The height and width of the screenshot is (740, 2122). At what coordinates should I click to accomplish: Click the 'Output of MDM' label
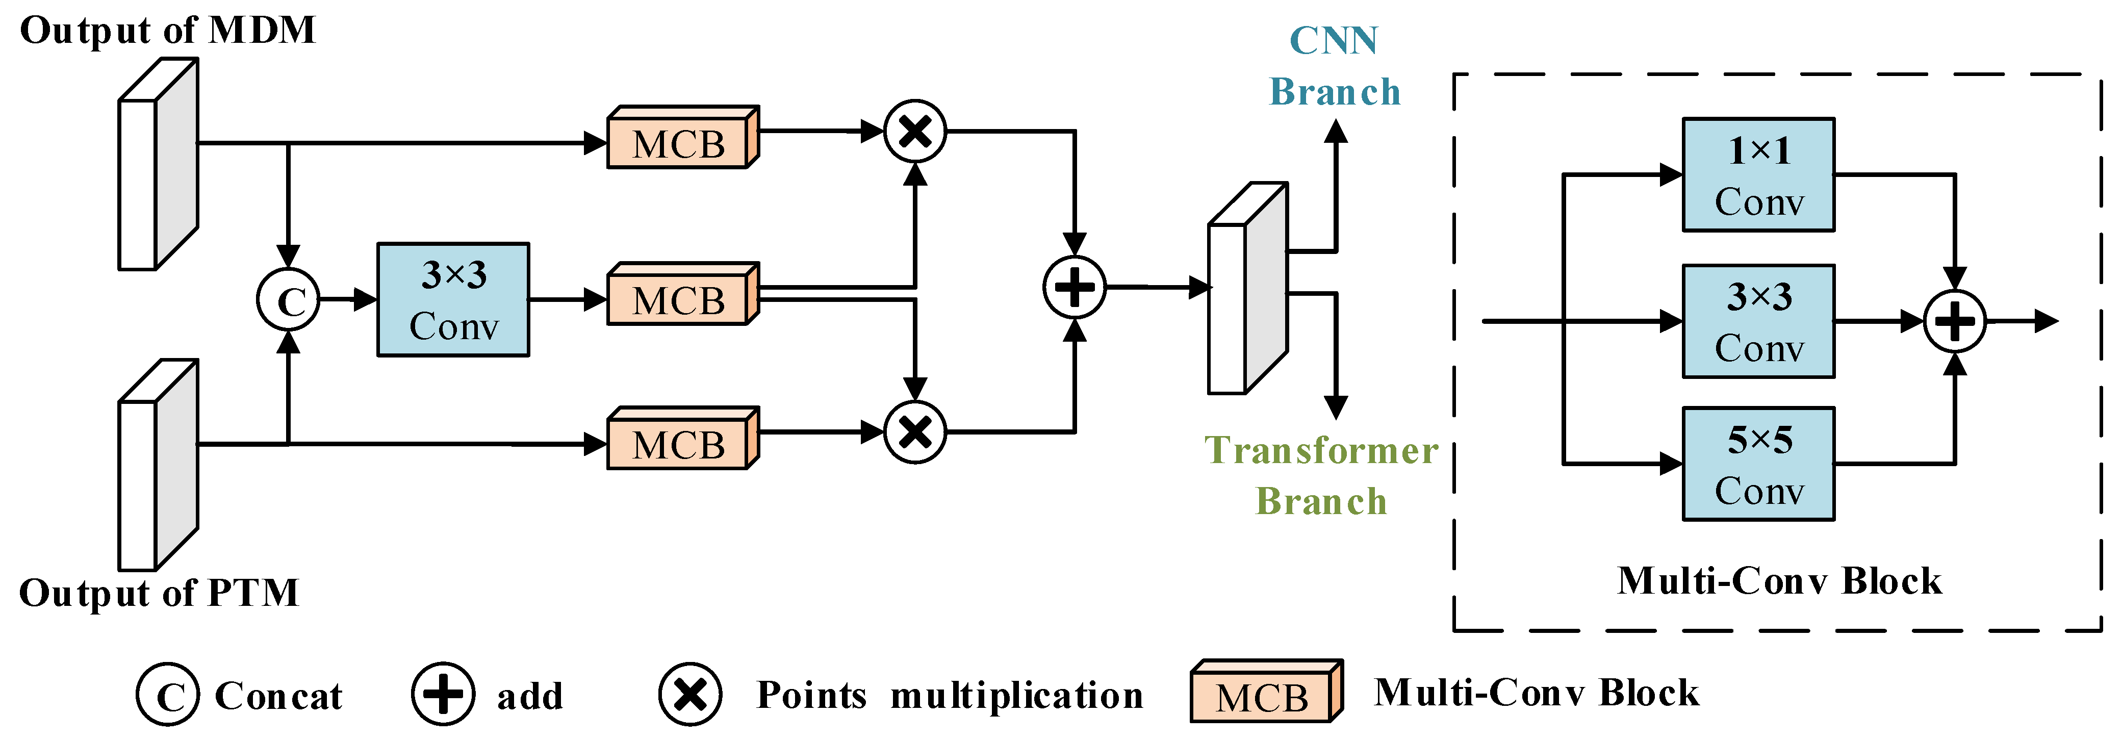tap(167, 31)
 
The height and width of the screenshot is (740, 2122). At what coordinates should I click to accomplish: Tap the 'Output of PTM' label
tap(159, 593)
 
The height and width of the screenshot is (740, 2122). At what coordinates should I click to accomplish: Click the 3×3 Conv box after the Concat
tap(453, 300)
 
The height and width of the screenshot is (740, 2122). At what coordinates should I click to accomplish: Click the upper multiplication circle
tap(914, 131)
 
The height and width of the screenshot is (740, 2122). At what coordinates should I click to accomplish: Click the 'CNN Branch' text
tap(1335, 66)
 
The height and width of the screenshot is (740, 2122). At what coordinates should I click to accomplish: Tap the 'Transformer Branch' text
tap(1321, 475)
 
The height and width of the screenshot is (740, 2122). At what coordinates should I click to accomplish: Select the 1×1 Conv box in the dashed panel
tap(1758, 175)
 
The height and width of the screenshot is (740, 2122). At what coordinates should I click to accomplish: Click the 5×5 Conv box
tap(1758, 464)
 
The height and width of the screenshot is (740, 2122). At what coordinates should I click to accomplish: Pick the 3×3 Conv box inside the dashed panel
tap(1758, 321)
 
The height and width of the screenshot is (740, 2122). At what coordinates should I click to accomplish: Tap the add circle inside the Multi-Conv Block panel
tap(1954, 321)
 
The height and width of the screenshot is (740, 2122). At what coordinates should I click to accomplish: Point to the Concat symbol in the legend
tap(168, 695)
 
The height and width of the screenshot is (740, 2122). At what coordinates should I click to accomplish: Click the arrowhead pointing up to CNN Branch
tap(1335, 132)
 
